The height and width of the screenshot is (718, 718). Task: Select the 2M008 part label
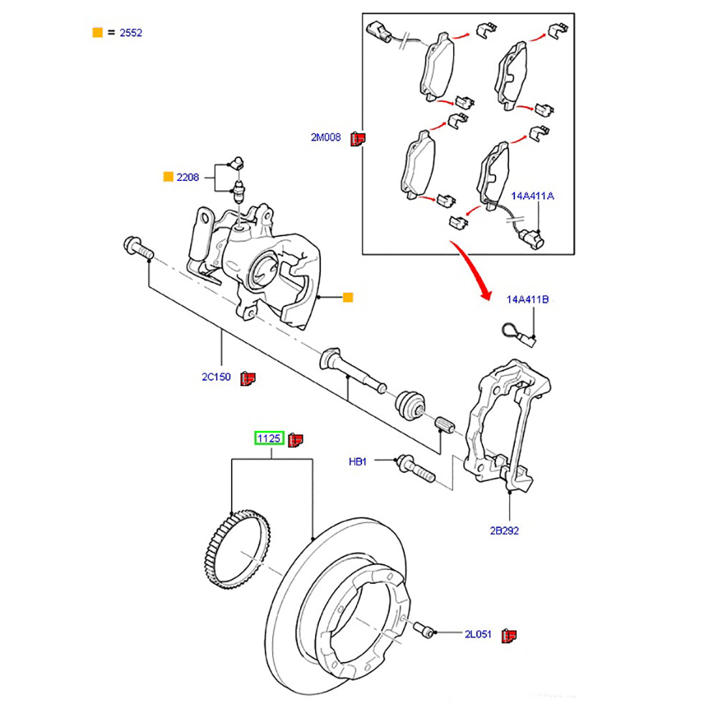point(325,137)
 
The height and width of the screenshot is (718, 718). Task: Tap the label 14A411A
point(532,195)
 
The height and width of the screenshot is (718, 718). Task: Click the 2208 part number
point(187,177)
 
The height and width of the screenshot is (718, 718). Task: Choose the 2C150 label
point(215,377)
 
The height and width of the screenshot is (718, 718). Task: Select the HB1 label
point(358,462)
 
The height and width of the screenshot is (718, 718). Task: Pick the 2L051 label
point(478,634)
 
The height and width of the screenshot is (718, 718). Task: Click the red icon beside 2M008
point(358,138)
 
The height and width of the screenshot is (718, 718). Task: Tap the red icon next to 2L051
point(510,635)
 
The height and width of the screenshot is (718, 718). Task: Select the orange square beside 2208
point(168,177)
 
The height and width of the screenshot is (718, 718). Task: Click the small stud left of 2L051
point(427,630)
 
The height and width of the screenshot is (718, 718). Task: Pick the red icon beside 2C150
point(248,378)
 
